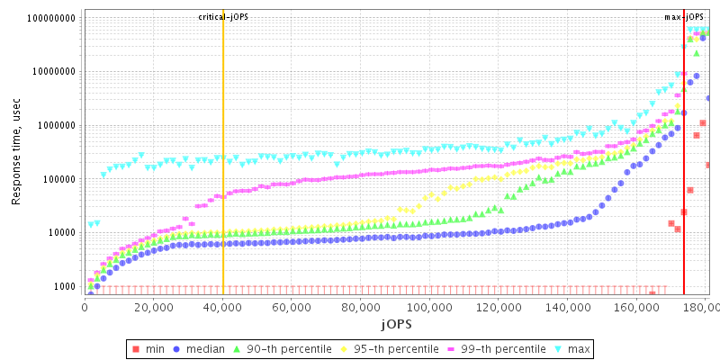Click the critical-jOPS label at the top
pyautogui.click(x=223, y=17)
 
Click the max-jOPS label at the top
pyautogui.click(x=684, y=17)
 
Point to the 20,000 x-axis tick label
pyautogui.click(x=153, y=307)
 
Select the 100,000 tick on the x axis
pyautogui.click(x=429, y=307)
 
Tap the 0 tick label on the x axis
pyautogui.click(x=85, y=307)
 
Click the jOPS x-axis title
pyautogui.click(x=397, y=322)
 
